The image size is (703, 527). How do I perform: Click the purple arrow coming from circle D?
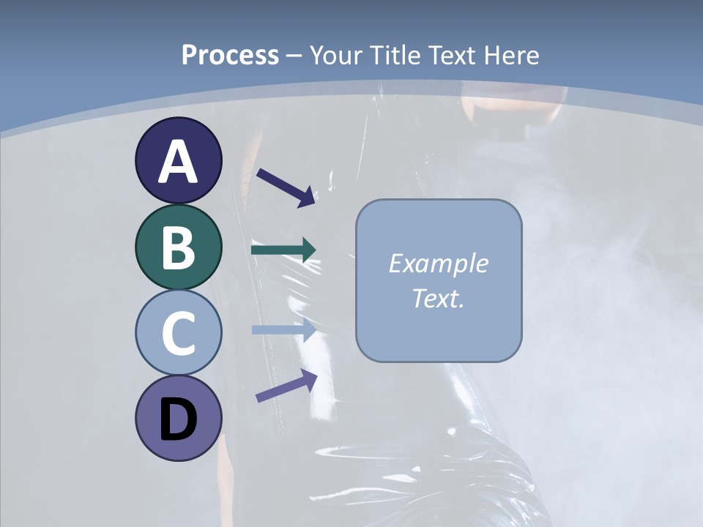[286, 386]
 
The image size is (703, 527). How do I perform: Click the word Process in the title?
[230, 55]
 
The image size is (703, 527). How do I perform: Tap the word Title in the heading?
[395, 55]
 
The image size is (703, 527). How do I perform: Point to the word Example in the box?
[438, 263]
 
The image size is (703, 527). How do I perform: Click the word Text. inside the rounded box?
[438, 298]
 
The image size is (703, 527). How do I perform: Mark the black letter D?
[178, 420]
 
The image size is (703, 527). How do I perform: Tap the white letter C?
[178, 333]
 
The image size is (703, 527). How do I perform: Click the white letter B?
[178, 247]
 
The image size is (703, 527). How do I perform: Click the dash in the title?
[294, 56]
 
